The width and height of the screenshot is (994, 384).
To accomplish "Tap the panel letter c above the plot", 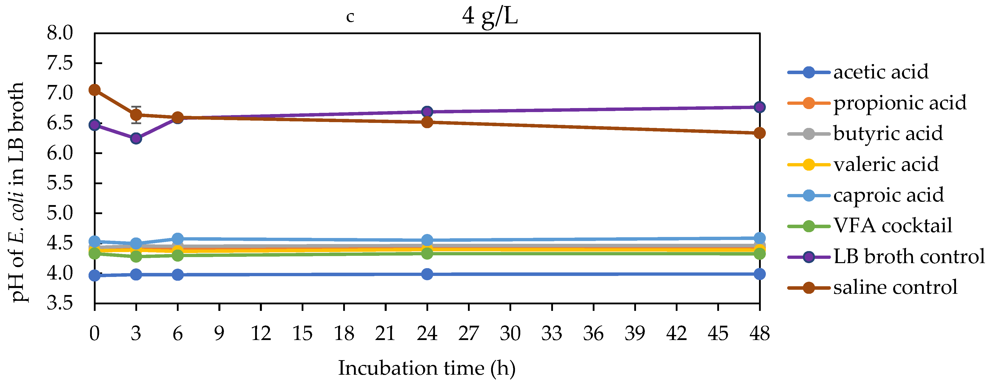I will pos(350,17).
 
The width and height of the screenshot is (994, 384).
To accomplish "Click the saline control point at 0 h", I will pos(95,90).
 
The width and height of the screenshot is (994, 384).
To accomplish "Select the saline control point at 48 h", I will pos(759,133).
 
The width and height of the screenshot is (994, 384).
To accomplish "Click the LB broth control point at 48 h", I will pos(759,107).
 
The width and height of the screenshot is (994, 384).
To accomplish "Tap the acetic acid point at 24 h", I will pos(427,274).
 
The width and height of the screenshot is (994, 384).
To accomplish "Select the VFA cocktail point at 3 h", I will pos(136,256).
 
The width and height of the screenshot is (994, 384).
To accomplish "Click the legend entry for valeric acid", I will pos(886,165).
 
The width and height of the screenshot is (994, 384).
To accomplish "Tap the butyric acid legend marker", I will pos(808,134).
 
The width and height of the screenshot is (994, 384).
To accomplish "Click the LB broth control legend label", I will pos(909,256).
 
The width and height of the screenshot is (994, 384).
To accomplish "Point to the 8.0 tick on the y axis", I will pos(60,33).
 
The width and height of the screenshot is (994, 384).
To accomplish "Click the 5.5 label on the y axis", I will pos(60,183).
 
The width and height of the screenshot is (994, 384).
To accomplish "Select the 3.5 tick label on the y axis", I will pos(60,303).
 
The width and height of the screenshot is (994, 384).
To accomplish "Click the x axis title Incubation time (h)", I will pos(427,368).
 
